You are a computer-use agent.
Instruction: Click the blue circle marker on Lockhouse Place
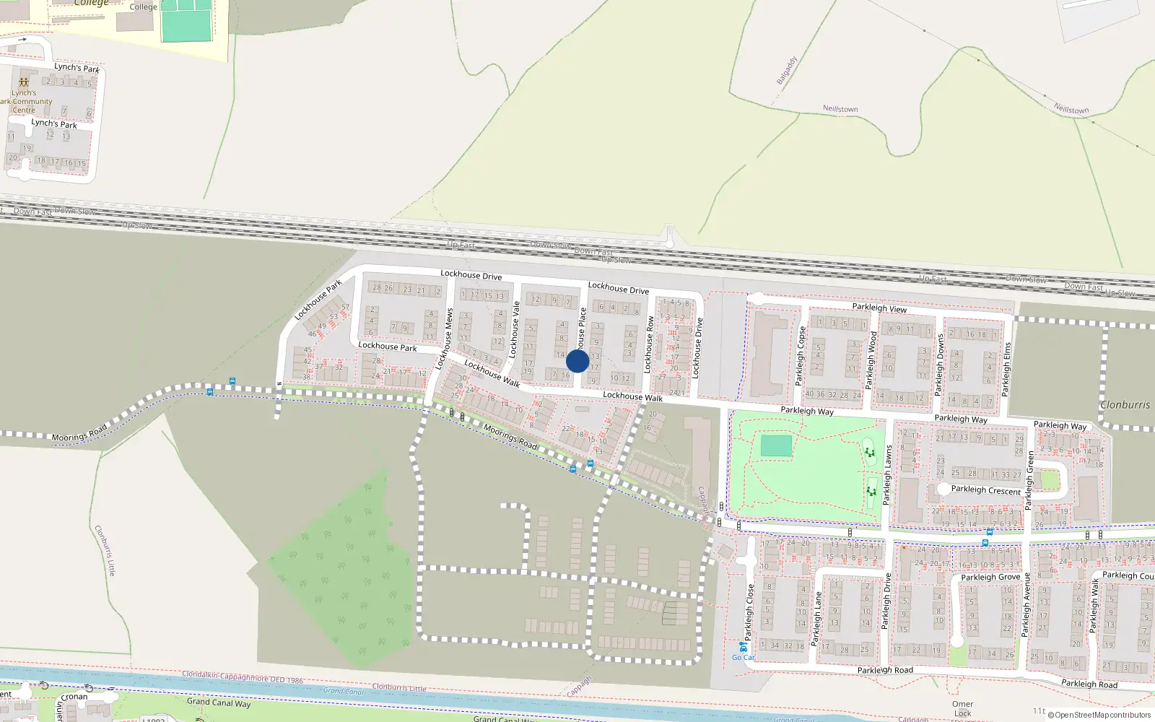click(x=577, y=361)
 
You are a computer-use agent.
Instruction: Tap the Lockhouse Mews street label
click(x=445, y=339)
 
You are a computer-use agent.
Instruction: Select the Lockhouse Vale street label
click(x=515, y=330)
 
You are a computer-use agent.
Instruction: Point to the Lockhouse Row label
click(x=648, y=344)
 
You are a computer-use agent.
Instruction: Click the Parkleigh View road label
click(x=879, y=308)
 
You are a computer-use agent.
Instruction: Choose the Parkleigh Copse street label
click(x=801, y=355)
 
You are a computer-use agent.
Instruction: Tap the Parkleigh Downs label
click(x=939, y=364)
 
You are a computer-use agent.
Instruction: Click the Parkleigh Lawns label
click(x=887, y=474)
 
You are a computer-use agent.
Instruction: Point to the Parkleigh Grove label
click(x=990, y=577)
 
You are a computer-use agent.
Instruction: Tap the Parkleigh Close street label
click(x=749, y=612)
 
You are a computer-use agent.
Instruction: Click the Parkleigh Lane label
click(x=817, y=619)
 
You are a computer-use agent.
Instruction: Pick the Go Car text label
click(x=743, y=657)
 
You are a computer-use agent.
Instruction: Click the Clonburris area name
click(x=1125, y=404)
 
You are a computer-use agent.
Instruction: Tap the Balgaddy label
click(x=786, y=70)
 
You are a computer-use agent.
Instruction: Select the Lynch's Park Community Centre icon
click(x=24, y=82)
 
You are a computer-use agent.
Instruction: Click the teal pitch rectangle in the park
click(x=775, y=445)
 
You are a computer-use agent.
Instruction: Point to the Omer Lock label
click(x=962, y=708)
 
